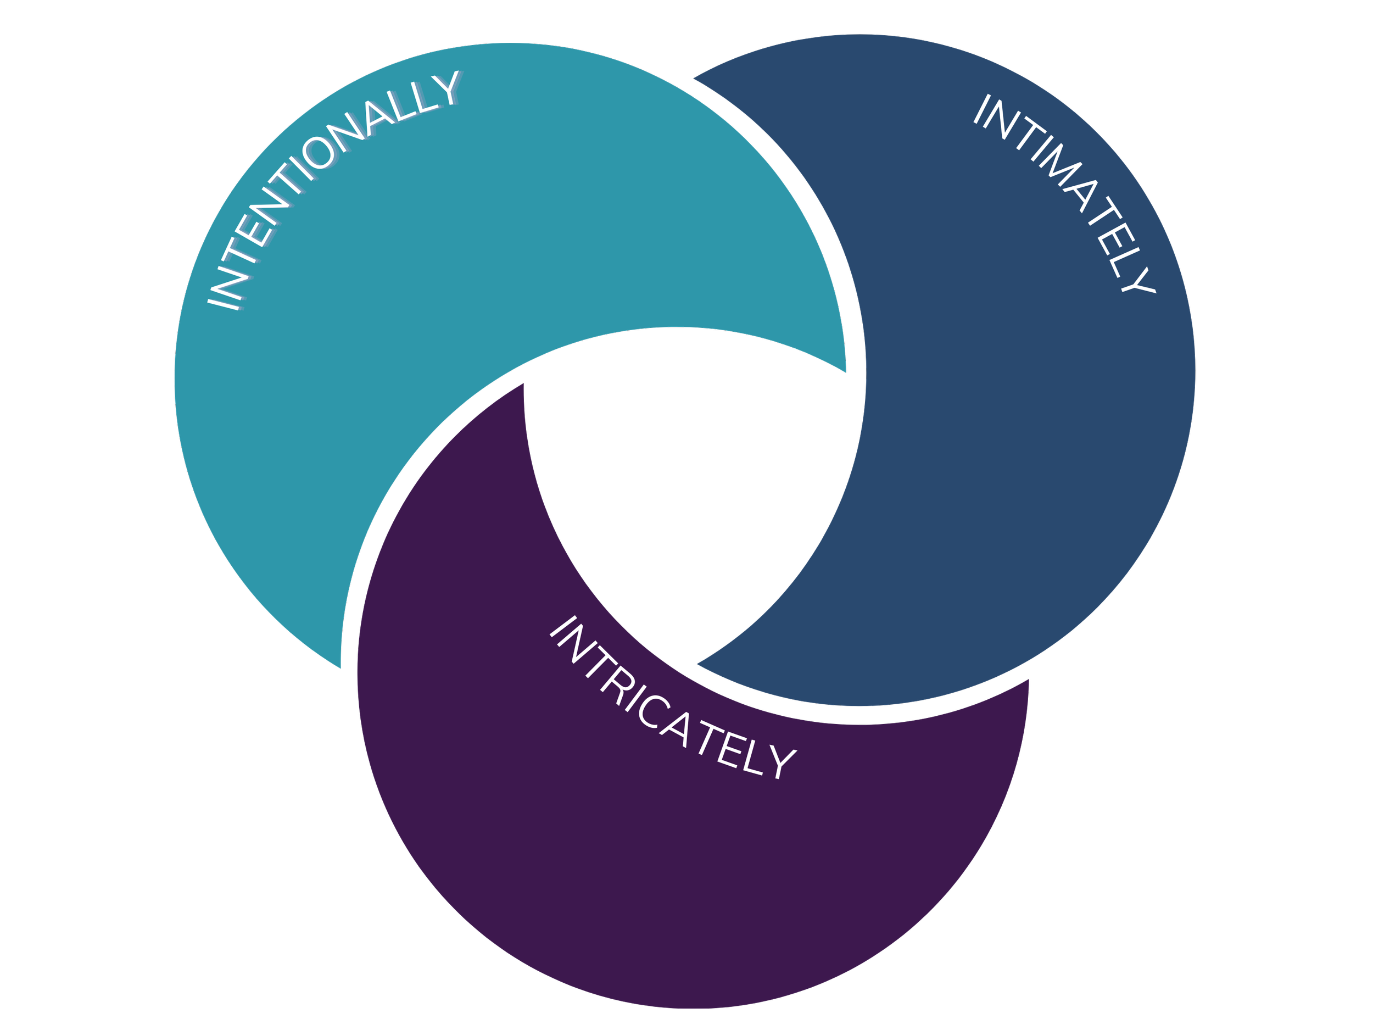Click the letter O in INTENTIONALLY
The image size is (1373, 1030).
click(x=323, y=152)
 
